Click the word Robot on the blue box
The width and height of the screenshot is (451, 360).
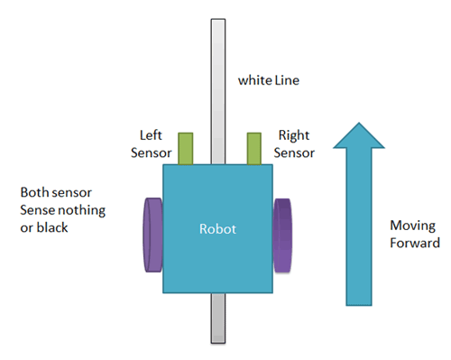coord(216,229)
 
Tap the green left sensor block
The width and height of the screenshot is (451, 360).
coord(186,148)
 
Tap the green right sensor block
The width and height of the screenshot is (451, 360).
coord(256,148)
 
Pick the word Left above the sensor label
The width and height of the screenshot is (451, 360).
coord(150,136)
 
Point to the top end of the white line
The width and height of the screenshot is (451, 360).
coord(217,22)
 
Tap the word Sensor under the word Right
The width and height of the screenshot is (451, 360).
coord(295,152)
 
